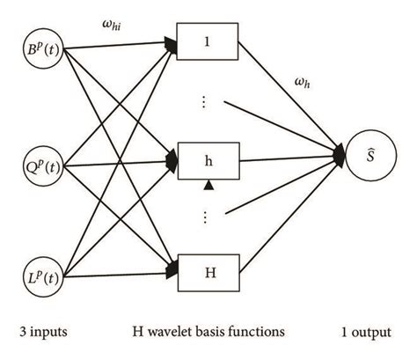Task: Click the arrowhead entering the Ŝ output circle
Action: coord(340,158)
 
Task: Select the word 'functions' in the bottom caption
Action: coord(256,331)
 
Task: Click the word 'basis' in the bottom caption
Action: coord(216,331)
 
